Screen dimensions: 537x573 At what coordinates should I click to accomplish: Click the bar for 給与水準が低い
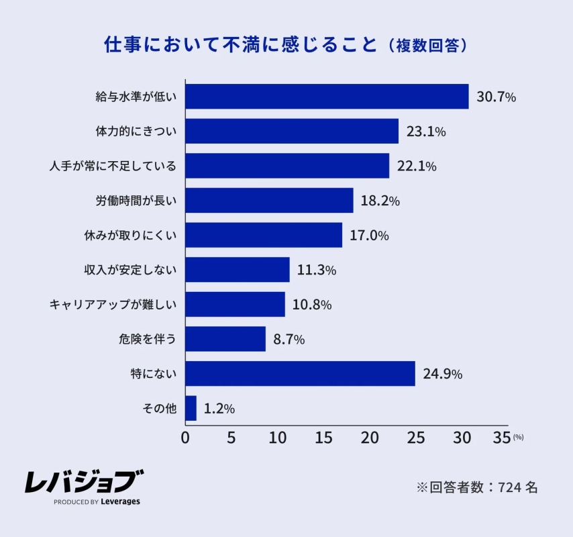(327, 97)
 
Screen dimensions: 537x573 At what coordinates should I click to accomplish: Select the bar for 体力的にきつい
(292, 131)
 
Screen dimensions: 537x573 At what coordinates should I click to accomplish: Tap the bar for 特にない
(300, 373)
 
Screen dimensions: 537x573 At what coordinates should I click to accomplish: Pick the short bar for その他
(191, 408)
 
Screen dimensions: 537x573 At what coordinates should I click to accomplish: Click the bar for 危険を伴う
(225, 339)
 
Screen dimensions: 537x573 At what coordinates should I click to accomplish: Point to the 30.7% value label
(496, 97)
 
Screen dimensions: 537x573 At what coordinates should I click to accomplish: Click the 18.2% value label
(380, 201)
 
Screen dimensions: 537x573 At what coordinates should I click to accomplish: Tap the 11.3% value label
(316, 270)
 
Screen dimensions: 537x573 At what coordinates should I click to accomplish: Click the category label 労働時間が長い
(136, 201)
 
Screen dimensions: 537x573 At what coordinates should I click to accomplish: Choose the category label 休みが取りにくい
(130, 236)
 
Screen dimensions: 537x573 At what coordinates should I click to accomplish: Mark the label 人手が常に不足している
(113, 166)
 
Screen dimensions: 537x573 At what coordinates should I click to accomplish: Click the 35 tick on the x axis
(502, 438)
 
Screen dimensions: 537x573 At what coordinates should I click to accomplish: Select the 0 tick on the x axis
(185, 438)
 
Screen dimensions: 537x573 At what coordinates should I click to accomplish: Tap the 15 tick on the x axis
(324, 438)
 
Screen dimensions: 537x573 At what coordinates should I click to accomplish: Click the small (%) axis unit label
(518, 437)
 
